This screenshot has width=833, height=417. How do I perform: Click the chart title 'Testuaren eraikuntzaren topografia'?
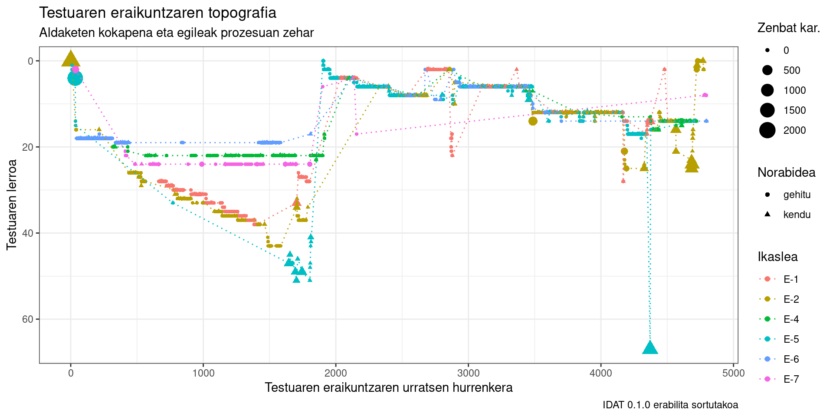(157, 13)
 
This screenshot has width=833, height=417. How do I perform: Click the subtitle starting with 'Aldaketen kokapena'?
(176, 33)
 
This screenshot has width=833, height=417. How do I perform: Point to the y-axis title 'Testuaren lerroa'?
(12, 204)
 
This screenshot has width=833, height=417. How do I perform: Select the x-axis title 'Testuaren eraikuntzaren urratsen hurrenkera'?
(388, 387)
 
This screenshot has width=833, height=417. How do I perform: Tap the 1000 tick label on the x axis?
(203, 373)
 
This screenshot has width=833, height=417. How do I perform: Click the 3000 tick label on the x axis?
(468, 373)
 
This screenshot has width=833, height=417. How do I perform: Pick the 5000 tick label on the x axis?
(733, 373)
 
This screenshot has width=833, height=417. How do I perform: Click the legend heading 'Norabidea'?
(786, 172)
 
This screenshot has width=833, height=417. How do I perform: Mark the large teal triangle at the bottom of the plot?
(649, 348)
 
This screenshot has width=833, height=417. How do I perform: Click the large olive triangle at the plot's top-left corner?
(71, 59)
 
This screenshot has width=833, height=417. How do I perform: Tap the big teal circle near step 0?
(75, 79)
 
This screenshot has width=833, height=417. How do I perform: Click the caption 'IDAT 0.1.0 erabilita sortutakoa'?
(670, 405)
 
